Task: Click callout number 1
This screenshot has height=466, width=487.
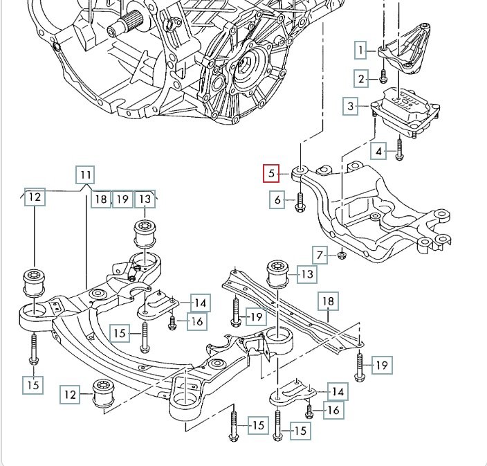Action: tap(360, 50)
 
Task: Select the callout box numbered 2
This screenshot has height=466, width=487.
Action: tap(361, 79)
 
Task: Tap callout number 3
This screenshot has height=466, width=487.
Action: tap(351, 106)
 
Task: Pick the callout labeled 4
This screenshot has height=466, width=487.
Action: tap(378, 150)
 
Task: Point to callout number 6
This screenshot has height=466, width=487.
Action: tap(278, 200)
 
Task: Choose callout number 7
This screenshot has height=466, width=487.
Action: tap(320, 255)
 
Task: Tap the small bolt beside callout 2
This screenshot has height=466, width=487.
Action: tap(383, 77)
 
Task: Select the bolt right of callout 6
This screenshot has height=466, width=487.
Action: tap(300, 201)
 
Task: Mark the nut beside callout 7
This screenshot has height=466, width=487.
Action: tap(341, 256)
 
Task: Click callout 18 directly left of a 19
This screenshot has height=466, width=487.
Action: tap(101, 199)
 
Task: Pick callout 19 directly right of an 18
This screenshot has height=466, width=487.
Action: tap(122, 199)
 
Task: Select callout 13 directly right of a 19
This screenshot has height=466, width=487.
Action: tap(145, 199)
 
